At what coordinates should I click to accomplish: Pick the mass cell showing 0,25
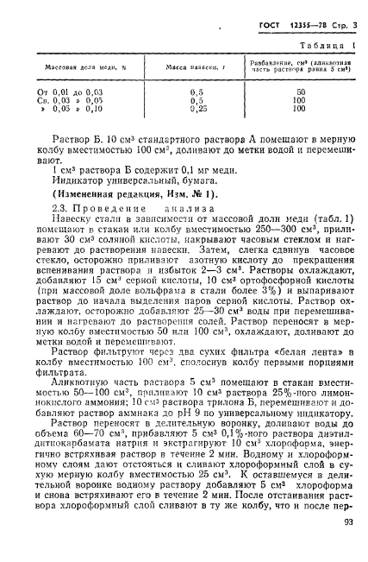pyautogui.click(x=196, y=108)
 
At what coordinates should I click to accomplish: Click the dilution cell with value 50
pyautogui.click(x=302, y=91)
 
